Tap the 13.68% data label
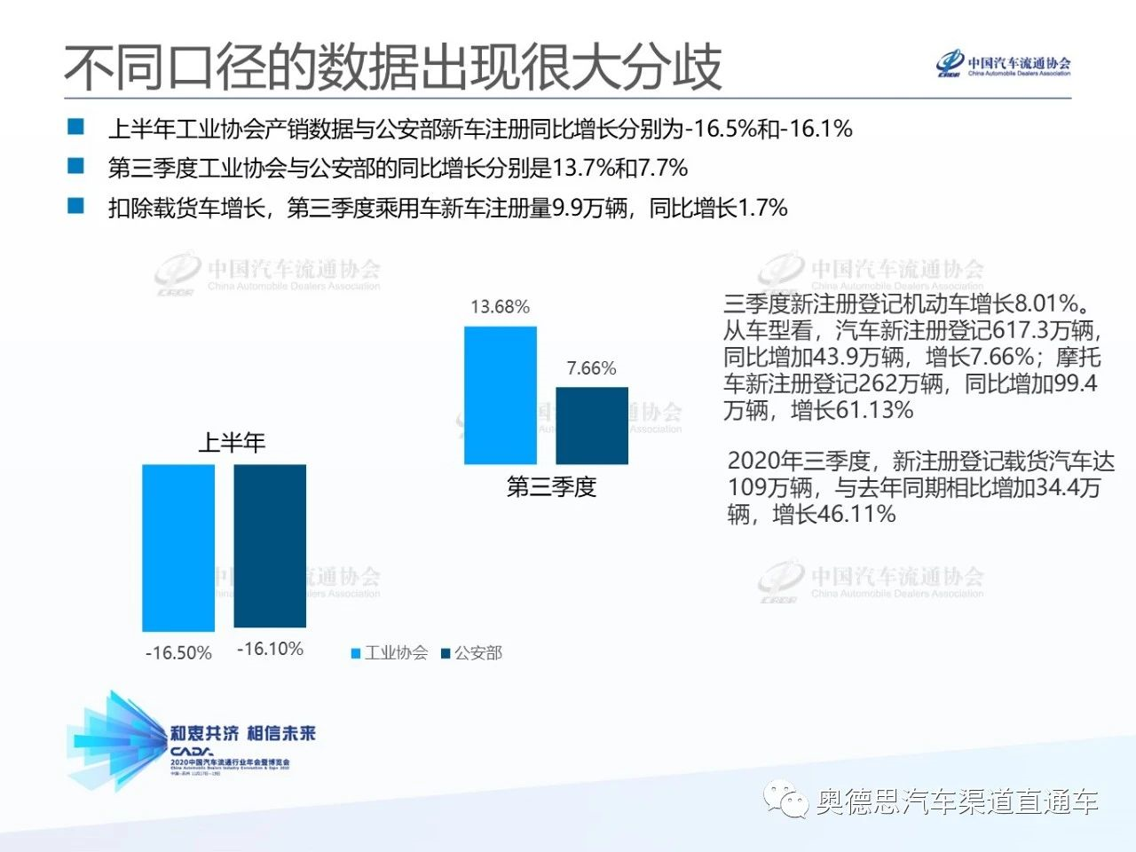pos(500,307)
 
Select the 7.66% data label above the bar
pos(591,368)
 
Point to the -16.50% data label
pos(178,653)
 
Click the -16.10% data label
pos(270,649)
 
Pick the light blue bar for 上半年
pos(178,547)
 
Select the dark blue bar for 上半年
pos(270,545)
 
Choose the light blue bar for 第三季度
pos(501,395)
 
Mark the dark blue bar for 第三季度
pos(592,425)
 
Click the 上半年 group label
pos(231,442)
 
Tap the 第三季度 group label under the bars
pos(551,486)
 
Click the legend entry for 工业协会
pos(390,653)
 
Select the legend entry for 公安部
pos(472,653)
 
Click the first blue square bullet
pos(76,127)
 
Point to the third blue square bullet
pos(76,206)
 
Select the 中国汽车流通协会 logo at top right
pos(1004,65)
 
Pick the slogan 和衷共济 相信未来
pos(243,733)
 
